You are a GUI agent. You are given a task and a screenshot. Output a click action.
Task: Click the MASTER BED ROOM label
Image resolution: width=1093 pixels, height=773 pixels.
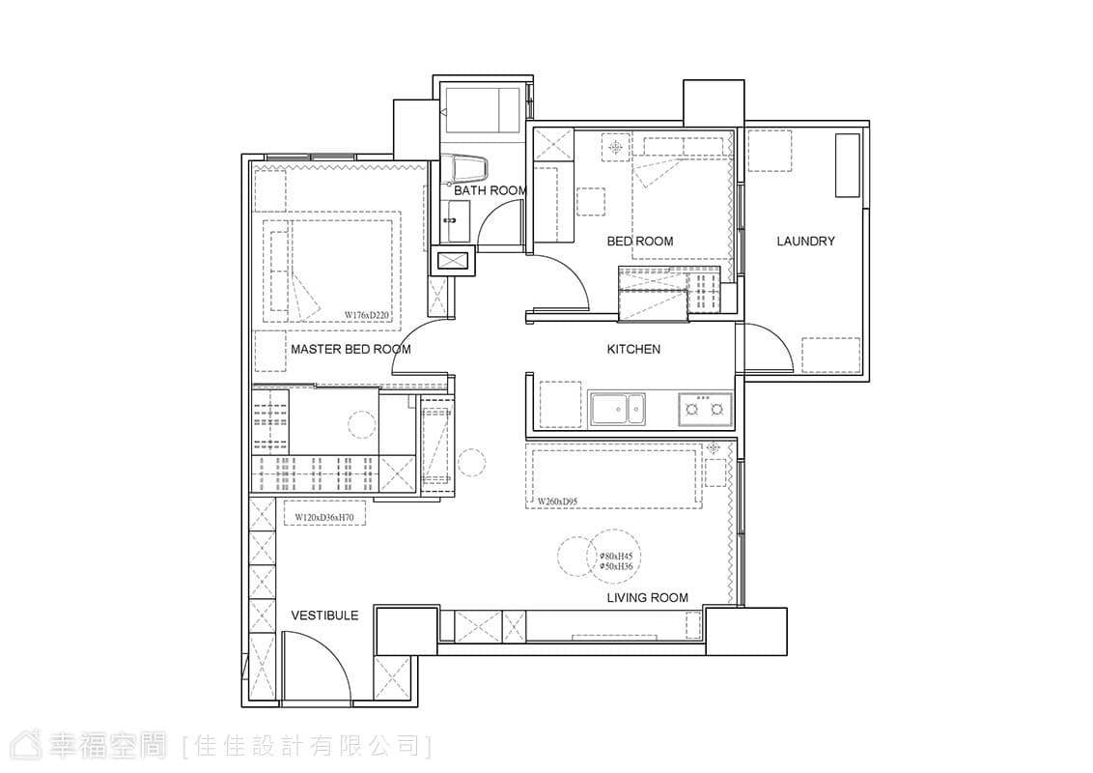[350, 349]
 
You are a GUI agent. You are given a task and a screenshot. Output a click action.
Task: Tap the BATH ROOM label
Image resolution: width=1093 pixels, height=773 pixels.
[490, 189]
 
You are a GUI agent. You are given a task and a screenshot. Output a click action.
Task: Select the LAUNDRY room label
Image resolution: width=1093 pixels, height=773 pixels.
[806, 241]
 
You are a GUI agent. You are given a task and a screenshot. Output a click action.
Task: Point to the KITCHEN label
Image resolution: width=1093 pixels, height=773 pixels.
[633, 349]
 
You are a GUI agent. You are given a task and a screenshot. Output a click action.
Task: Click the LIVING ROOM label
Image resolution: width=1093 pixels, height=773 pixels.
[648, 597]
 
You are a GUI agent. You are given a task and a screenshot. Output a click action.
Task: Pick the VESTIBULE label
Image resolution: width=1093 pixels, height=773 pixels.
[324, 615]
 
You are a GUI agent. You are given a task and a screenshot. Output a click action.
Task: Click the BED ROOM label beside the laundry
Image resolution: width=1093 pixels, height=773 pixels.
[640, 241]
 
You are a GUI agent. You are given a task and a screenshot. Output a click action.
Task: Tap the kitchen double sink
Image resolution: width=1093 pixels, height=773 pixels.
[618, 409]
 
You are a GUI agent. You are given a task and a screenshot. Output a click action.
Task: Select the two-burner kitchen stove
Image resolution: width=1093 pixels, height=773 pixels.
[705, 409]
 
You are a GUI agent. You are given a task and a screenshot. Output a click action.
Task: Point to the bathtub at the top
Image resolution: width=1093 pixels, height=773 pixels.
[483, 109]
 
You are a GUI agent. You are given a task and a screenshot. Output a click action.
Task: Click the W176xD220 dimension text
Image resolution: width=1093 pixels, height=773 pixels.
[367, 315]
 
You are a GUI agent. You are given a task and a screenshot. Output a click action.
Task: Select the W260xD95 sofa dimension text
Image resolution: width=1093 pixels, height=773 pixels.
[558, 501]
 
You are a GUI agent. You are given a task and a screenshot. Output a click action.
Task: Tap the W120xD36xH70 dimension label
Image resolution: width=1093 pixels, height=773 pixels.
[324, 518]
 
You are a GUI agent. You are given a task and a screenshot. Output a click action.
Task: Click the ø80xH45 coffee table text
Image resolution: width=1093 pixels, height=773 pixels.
[616, 556]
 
